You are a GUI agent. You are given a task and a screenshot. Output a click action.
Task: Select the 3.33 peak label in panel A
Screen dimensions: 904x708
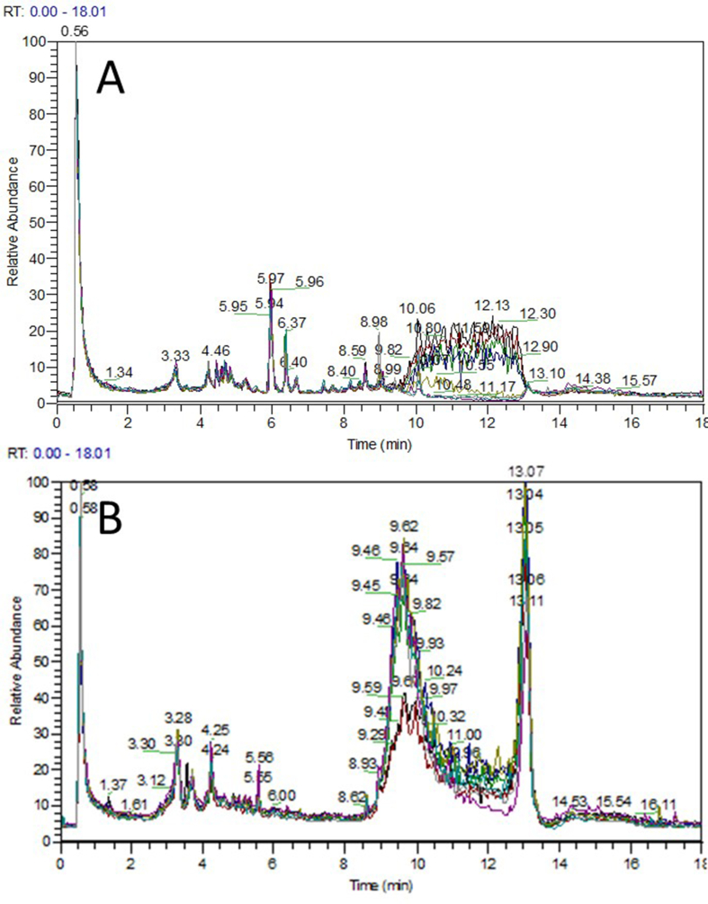[175, 356]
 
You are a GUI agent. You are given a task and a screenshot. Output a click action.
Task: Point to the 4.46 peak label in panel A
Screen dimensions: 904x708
[216, 350]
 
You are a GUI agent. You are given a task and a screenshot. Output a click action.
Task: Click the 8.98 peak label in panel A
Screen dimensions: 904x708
[373, 322]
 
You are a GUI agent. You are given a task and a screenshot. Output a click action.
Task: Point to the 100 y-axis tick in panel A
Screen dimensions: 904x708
[36, 41]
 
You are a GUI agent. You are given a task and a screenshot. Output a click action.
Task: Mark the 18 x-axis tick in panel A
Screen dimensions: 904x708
[700, 420]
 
